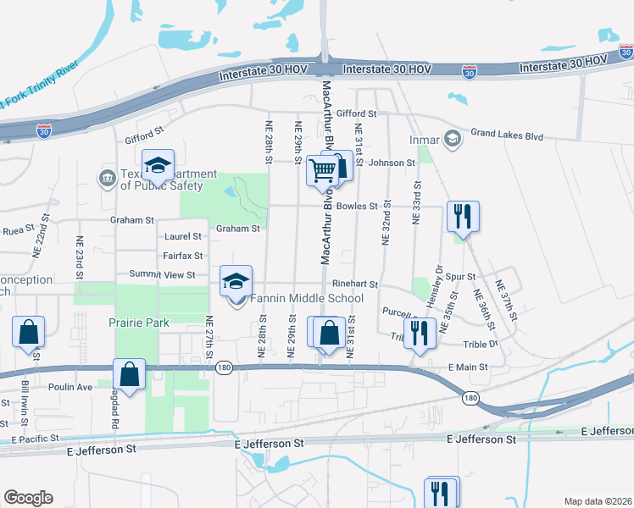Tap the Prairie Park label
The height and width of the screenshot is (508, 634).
pyautogui.click(x=139, y=323)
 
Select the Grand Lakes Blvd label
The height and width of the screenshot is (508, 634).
pyautogui.click(x=507, y=134)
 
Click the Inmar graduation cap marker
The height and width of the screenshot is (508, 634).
pyautogui.click(x=453, y=137)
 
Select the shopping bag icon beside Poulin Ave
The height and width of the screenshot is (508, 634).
pyautogui.click(x=128, y=374)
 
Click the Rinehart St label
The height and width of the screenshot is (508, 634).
pyautogui.click(x=353, y=284)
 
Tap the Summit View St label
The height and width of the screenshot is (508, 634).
pyautogui.click(x=162, y=274)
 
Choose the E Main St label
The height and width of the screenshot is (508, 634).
pyautogui.click(x=468, y=367)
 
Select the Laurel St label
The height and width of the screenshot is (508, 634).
pyautogui.click(x=183, y=237)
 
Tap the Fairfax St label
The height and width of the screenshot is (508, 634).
pyautogui.click(x=182, y=256)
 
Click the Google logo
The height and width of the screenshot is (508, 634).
pyautogui.click(x=28, y=498)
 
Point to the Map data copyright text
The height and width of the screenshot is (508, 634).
pyautogui.click(x=598, y=501)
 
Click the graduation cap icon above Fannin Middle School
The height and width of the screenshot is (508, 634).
pyautogui.click(x=236, y=281)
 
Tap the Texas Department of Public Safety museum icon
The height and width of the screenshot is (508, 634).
pyautogui.click(x=108, y=178)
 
